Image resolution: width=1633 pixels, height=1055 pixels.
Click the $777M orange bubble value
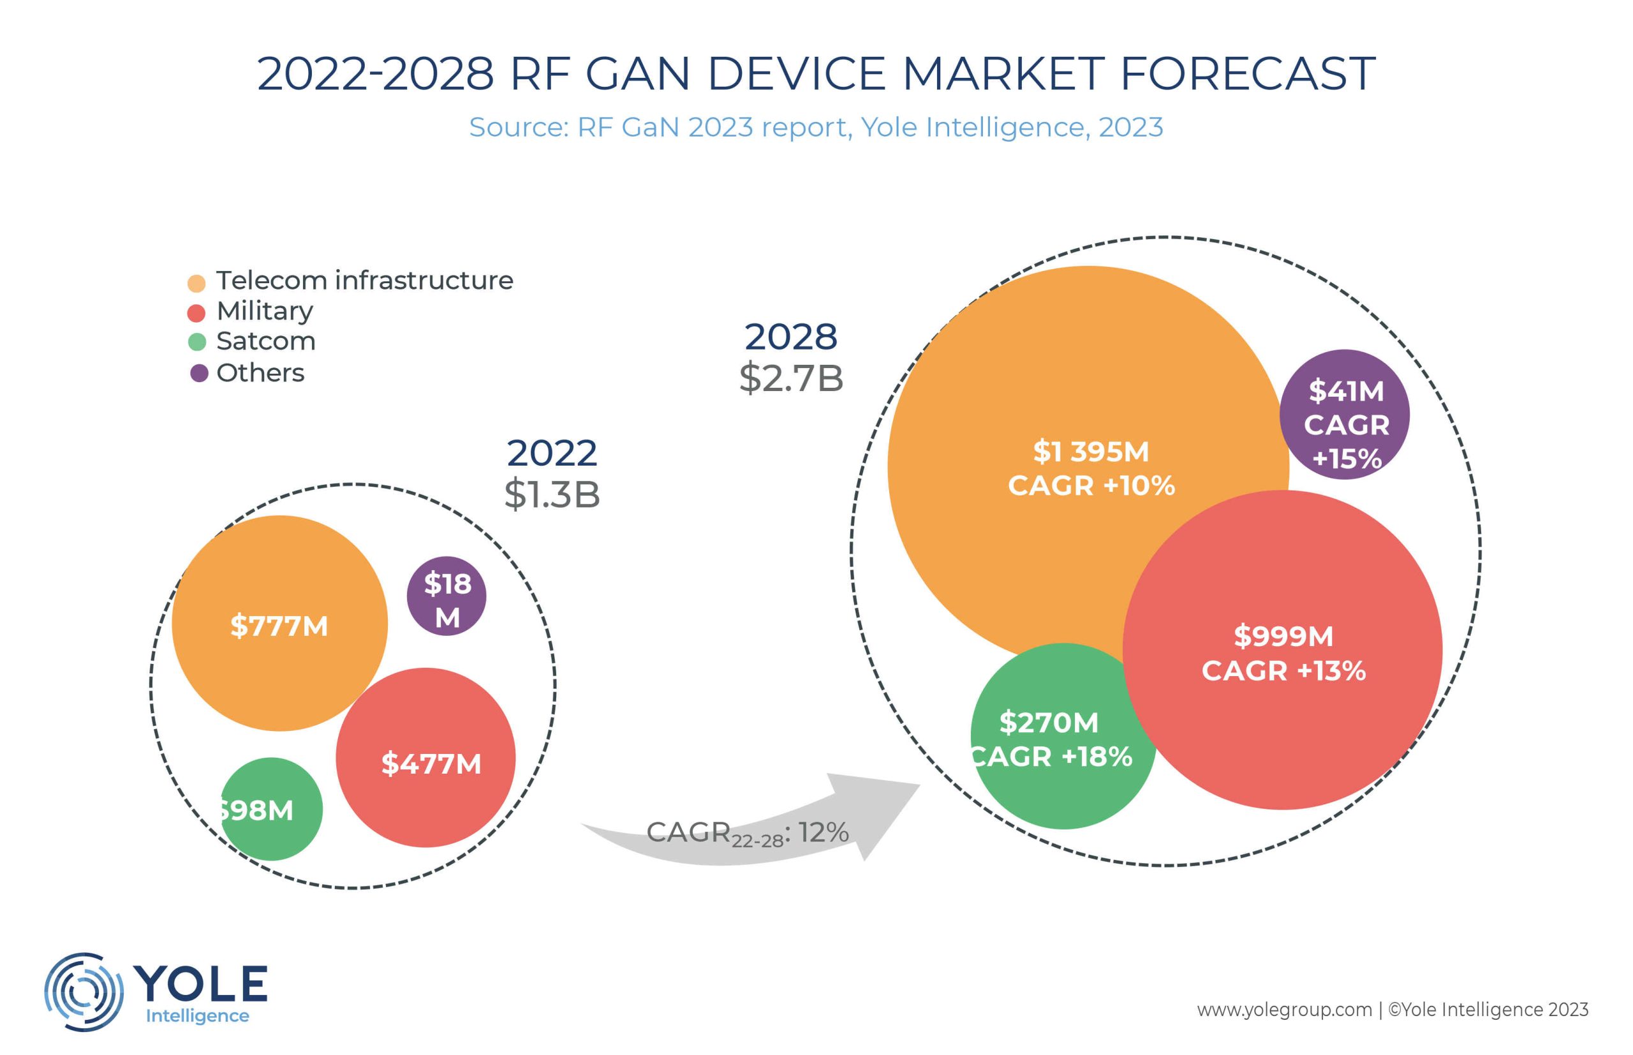279,626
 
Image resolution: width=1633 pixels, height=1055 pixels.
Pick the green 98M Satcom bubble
270,809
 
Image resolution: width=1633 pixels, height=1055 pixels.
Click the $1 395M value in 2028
1091,452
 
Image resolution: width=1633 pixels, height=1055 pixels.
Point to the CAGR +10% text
1091,485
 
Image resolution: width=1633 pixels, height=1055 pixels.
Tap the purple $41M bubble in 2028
1345,415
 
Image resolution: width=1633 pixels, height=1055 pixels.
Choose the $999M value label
1283,637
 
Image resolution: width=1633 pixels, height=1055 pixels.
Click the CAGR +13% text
1283,670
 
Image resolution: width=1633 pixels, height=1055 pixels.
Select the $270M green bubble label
1048,723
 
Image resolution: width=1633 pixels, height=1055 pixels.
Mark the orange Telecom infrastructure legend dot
196,283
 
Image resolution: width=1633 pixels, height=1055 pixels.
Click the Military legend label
264,311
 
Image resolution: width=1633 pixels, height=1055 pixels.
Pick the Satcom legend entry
266,341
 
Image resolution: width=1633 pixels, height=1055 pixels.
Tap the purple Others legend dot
198,373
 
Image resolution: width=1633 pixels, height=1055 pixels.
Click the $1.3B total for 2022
552,494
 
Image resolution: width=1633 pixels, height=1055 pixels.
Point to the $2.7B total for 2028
791,378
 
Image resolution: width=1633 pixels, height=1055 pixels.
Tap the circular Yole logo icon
84,991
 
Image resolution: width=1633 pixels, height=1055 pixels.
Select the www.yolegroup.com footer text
1283,1010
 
